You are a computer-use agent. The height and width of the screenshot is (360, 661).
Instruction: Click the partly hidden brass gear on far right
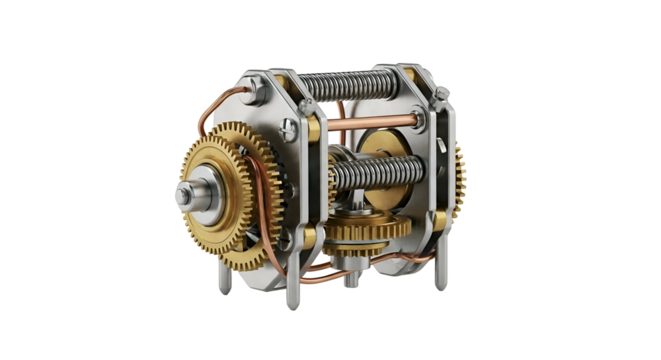coord(460,180)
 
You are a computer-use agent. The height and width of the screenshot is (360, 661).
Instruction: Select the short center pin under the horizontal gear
coord(349,281)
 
